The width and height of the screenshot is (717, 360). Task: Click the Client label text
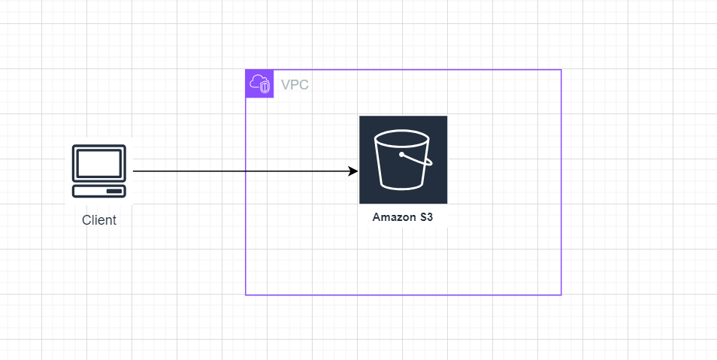click(99, 220)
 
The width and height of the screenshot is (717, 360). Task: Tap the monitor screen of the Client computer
click(98, 163)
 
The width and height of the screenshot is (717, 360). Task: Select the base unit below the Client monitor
click(99, 190)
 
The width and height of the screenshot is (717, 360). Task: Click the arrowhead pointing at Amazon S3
click(354, 171)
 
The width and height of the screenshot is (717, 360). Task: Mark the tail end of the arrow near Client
click(135, 171)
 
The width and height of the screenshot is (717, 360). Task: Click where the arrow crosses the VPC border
click(246, 171)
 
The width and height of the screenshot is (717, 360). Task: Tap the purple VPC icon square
click(259, 84)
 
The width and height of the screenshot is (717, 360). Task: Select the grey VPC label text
click(295, 85)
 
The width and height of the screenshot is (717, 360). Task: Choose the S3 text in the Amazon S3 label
click(426, 218)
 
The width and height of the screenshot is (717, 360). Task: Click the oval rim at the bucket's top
click(402, 138)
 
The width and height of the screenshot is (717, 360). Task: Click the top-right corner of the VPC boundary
click(561, 70)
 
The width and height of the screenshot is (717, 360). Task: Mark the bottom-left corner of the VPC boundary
click(246, 295)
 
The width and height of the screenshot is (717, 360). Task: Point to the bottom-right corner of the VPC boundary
click(561, 295)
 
